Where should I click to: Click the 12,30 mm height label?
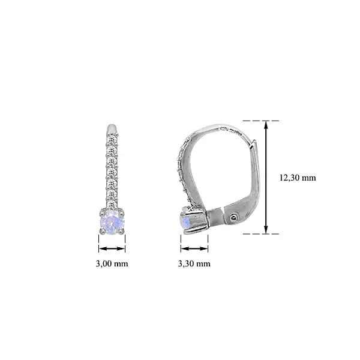tap(297, 178)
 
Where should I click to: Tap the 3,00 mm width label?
tap(112, 263)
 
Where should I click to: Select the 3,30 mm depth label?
tap(194, 263)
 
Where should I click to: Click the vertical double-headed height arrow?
tap(267, 177)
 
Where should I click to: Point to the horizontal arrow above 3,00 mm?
tap(112, 248)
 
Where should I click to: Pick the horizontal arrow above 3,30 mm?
tap(194, 248)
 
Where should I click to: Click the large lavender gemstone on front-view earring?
tap(112, 223)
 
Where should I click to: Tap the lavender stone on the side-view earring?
tap(185, 223)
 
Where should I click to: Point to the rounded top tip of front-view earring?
tap(112, 127)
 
